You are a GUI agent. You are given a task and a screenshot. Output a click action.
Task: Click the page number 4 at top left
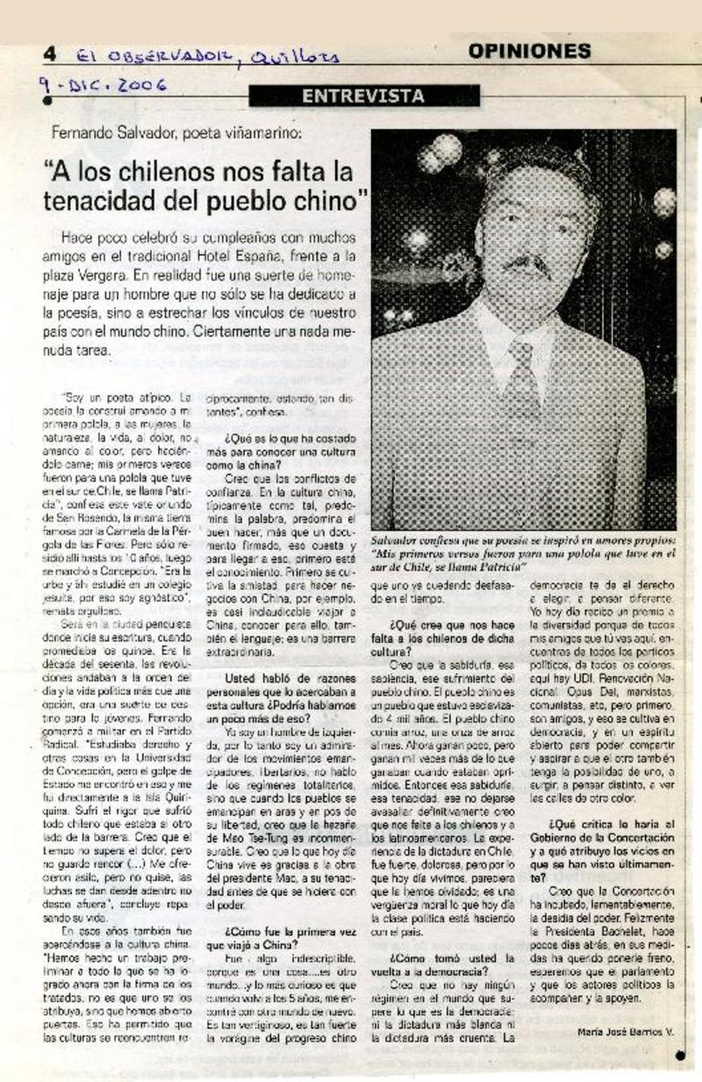point(49,54)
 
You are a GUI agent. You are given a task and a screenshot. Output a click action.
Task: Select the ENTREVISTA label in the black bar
point(362,97)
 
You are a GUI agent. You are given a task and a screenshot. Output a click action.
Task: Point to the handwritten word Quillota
point(294,57)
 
